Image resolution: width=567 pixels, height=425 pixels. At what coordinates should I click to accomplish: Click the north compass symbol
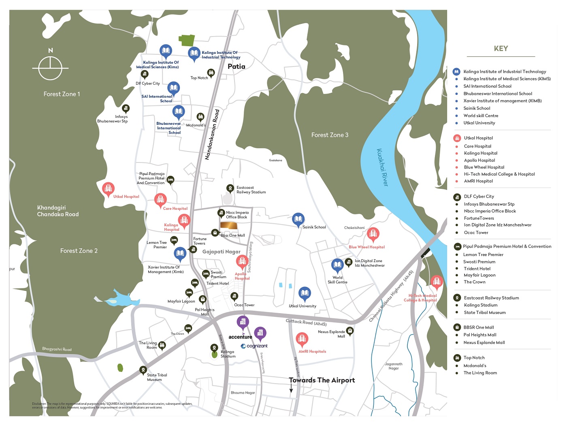tap(50, 67)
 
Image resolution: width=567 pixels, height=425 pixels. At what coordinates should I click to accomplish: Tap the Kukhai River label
tap(382, 167)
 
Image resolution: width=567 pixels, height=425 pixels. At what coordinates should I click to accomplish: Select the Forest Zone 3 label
tap(330, 135)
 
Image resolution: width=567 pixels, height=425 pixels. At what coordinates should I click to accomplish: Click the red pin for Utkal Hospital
tap(108, 189)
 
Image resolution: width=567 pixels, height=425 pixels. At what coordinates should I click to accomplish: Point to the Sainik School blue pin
tap(298, 220)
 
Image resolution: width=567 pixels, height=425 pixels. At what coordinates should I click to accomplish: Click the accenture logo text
tap(240, 337)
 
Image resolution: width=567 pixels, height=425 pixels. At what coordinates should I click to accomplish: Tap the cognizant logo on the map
tap(254, 346)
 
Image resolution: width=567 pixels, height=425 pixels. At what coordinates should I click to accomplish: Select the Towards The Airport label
tap(322, 380)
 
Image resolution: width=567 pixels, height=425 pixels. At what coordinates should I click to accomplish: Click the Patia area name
tap(236, 66)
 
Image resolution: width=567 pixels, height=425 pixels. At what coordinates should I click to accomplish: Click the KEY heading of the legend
tap(501, 49)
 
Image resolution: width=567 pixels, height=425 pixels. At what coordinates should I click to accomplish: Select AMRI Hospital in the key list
tap(478, 181)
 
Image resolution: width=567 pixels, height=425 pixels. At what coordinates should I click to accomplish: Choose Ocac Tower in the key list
tap(476, 233)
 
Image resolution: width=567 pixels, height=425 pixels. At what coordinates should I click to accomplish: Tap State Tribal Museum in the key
tap(485, 312)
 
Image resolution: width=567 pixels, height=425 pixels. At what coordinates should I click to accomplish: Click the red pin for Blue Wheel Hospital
tap(373, 234)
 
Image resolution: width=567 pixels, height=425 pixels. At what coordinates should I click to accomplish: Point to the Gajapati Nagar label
tap(221, 252)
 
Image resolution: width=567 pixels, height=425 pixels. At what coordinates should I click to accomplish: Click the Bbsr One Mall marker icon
tap(215, 233)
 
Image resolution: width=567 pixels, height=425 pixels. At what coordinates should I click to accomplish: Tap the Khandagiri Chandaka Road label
tap(58, 211)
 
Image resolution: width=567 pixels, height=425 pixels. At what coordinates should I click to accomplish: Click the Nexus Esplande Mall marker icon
tap(350, 331)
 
